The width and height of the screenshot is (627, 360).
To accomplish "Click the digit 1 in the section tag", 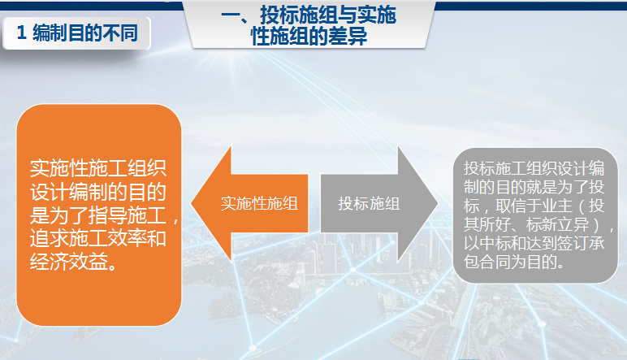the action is point(21,33).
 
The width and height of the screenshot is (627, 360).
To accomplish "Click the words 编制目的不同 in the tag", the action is point(85,33).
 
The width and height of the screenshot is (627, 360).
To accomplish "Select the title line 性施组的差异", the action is point(309,36).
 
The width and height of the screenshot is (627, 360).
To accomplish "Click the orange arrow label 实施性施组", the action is point(259,204).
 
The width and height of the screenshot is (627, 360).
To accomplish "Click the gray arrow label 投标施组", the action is point(369,204).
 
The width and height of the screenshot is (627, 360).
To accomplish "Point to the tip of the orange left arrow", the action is point(191,203).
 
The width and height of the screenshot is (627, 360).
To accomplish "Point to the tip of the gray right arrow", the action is point(438,203).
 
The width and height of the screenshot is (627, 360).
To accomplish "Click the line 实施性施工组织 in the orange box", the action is point(98,168).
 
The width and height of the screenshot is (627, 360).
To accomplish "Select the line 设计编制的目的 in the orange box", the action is point(98,192).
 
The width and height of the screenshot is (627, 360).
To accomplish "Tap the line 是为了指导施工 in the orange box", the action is point(98,215).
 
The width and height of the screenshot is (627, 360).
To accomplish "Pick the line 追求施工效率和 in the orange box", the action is point(98,239).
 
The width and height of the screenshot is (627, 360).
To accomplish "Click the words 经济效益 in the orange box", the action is point(69,262).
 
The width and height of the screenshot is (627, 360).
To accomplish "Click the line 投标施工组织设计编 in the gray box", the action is point(534,168).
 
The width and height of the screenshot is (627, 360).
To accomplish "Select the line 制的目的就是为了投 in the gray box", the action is point(534,187).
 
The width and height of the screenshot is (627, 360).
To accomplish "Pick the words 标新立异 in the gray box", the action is point(557,224).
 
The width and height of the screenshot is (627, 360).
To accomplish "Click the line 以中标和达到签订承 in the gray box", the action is point(534,243).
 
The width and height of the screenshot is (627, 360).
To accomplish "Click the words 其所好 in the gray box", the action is point(487,224).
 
